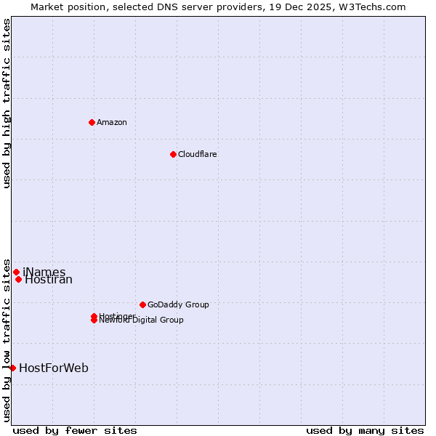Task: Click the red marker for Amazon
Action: [92, 122]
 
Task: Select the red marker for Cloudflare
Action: [173, 154]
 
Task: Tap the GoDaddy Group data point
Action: [142, 304]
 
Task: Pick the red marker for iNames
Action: [16, 272]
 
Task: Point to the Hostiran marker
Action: [18, 279]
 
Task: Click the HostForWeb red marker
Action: [12, 368]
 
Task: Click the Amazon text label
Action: [111, 122]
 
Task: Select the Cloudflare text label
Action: [197, 154]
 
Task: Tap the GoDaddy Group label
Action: [178, 304]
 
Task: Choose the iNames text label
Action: [44, 272]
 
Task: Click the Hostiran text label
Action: [49, 280]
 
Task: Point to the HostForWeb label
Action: [54, 368]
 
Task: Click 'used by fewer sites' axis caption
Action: [75, 430]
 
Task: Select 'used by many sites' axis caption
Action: [365, 430]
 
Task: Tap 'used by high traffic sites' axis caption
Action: [7, 103]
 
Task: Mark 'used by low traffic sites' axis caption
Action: [7, 339]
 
